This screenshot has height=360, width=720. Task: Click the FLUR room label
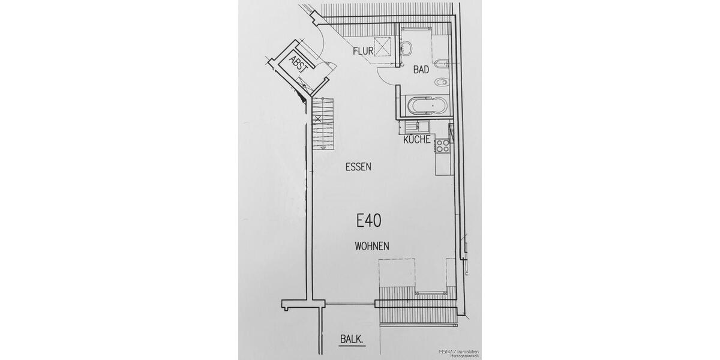(x=363, y=51)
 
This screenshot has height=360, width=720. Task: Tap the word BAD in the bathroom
(x=421, y=70)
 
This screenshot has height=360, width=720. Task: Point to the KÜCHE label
(x=416, y=140)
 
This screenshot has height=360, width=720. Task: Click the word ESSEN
(x=359, y=167)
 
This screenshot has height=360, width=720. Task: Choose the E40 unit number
(x=369, y=221)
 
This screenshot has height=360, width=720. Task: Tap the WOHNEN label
(x=372, y=245)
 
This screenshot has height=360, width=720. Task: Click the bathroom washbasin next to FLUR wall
(x=406, y=47)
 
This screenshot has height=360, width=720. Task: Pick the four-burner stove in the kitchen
(x=443, y=145)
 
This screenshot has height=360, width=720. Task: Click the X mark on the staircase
(x=317, y=119)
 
